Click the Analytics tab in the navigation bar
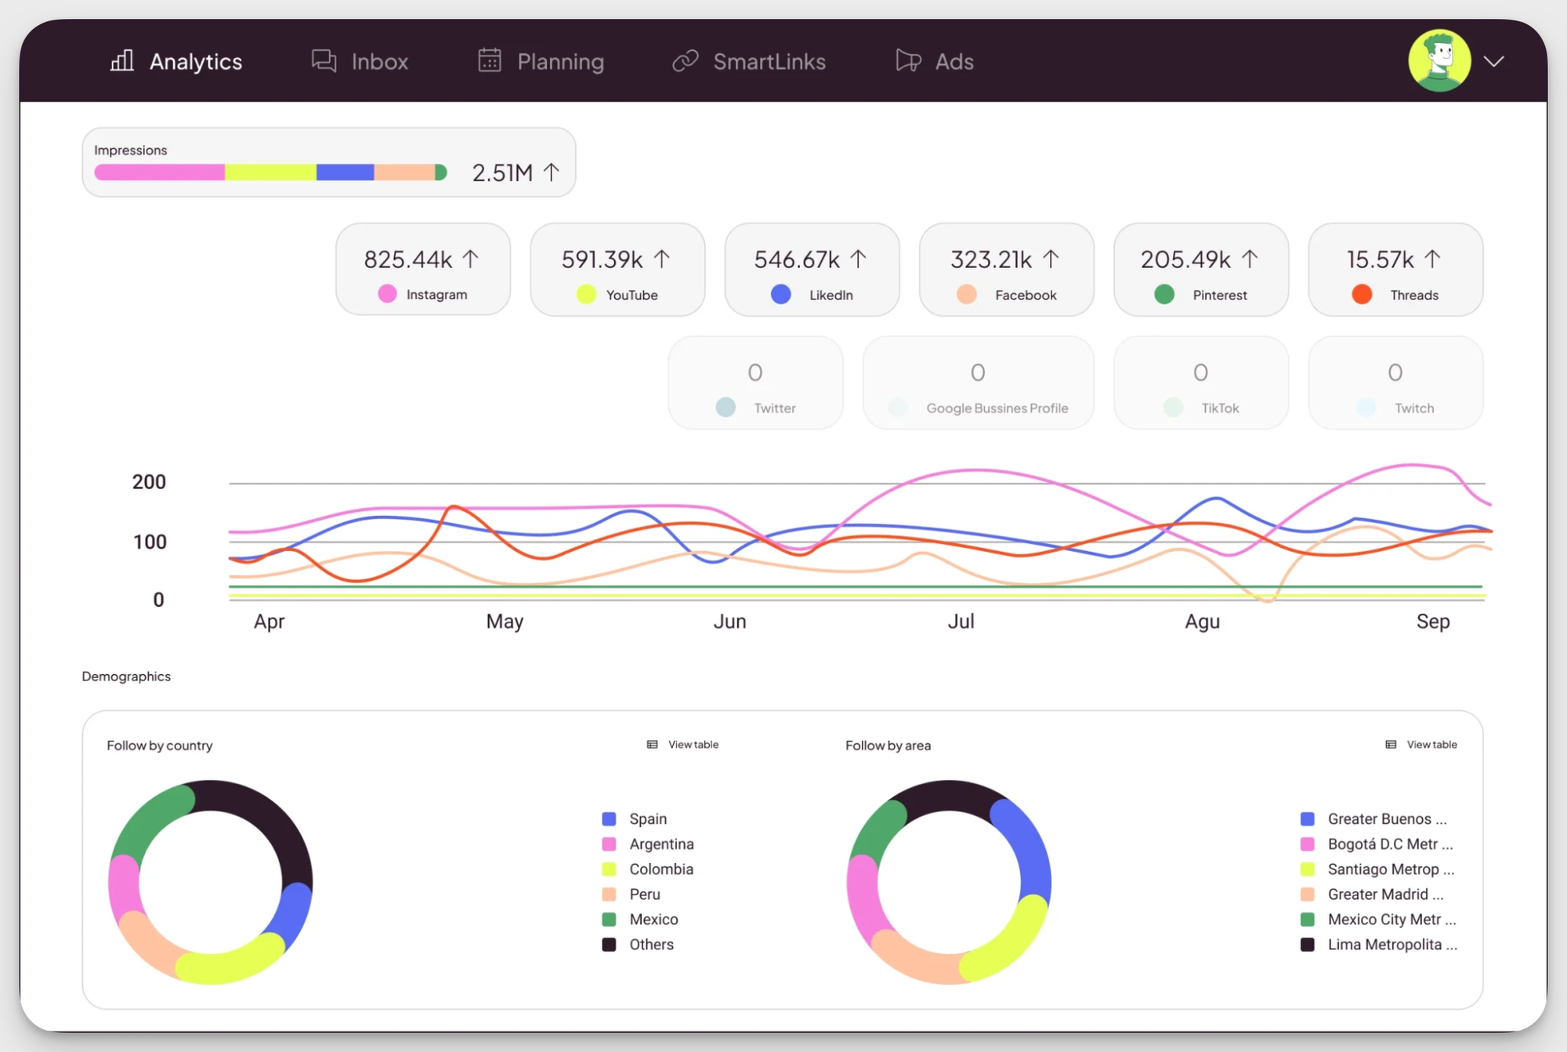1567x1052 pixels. click(x=177, y=61)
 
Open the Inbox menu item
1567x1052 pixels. click(x=360, y=61)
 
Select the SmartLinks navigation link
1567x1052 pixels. click(x=750, y=61)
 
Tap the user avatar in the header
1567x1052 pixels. click(x=1439, y=61)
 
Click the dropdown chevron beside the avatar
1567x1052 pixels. click(x=1494, y=61)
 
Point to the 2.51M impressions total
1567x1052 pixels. click(x=503, y=172)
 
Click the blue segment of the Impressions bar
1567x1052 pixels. click(x=345, y=172)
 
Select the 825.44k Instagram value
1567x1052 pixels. click(x=408, y=259)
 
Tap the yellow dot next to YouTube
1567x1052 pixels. click(x=586, y=295)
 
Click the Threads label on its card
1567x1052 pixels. click(x=1414, y=296)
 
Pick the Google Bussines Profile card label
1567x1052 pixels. click(x=997, y=408)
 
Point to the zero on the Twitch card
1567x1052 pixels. click(x=1395, y=372)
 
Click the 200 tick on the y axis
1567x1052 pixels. click(x=149, y=482)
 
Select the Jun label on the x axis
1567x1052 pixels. click(x=729, y=622)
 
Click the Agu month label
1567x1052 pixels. click(x=1202, y=622)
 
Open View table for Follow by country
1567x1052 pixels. click(x=683, y=745)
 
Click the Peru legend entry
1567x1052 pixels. click(x=644, y=894)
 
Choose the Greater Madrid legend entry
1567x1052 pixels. click(x=1384, y=894)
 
